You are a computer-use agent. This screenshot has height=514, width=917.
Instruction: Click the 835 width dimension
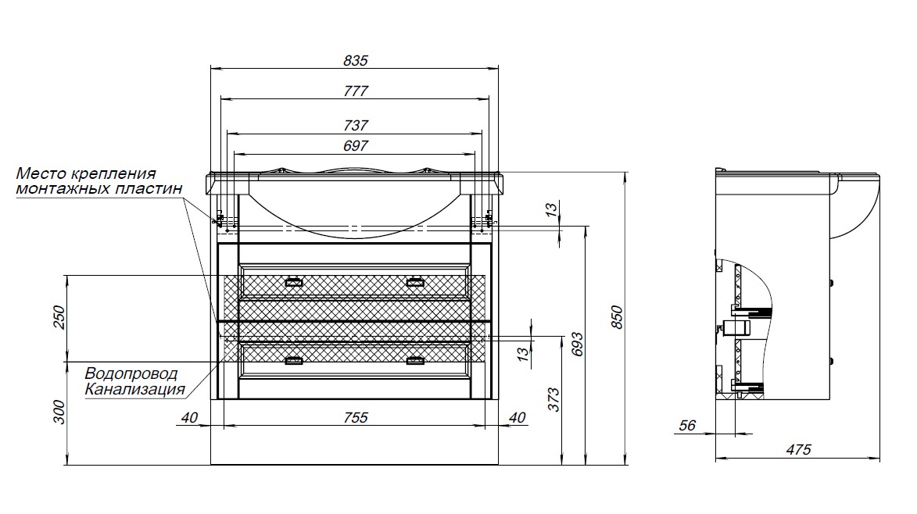coord(356,60)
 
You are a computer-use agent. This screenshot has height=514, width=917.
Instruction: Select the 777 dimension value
coord(356,91)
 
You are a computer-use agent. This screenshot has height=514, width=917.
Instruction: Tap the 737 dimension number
coord(356,125)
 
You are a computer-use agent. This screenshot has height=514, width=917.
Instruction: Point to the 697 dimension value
coord(356,145)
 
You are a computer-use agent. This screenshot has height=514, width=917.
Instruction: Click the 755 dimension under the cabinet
coord(356,418)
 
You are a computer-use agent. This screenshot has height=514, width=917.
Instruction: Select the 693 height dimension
coord(578,344)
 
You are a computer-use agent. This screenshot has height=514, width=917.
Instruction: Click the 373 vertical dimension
coord(553,399)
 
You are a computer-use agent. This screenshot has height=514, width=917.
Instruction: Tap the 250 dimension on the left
coord(59,318)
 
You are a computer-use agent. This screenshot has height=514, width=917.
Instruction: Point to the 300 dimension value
coord(59,412)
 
